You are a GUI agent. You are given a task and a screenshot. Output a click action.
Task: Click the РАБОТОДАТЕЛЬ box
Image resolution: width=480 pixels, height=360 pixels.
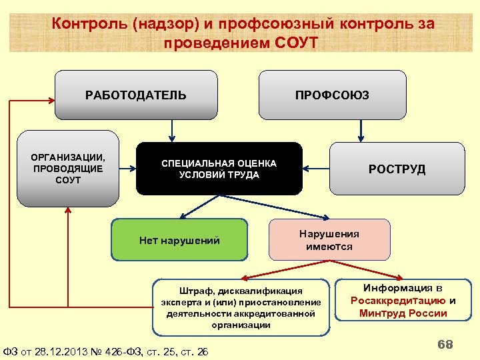(136, 95)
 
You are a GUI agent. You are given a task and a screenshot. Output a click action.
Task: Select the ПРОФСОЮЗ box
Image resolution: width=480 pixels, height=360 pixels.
(332, 95)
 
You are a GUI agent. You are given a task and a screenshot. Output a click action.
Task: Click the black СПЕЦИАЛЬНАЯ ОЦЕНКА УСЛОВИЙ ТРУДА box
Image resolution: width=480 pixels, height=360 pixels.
(219, 169)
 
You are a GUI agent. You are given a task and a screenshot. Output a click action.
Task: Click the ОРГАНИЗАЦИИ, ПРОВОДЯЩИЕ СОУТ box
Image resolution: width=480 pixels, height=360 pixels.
(67, 169)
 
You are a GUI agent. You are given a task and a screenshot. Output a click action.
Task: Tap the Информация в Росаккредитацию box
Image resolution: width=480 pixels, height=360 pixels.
(403, 301)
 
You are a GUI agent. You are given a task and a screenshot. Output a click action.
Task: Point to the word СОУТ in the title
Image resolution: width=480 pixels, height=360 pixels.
(296, 43)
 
